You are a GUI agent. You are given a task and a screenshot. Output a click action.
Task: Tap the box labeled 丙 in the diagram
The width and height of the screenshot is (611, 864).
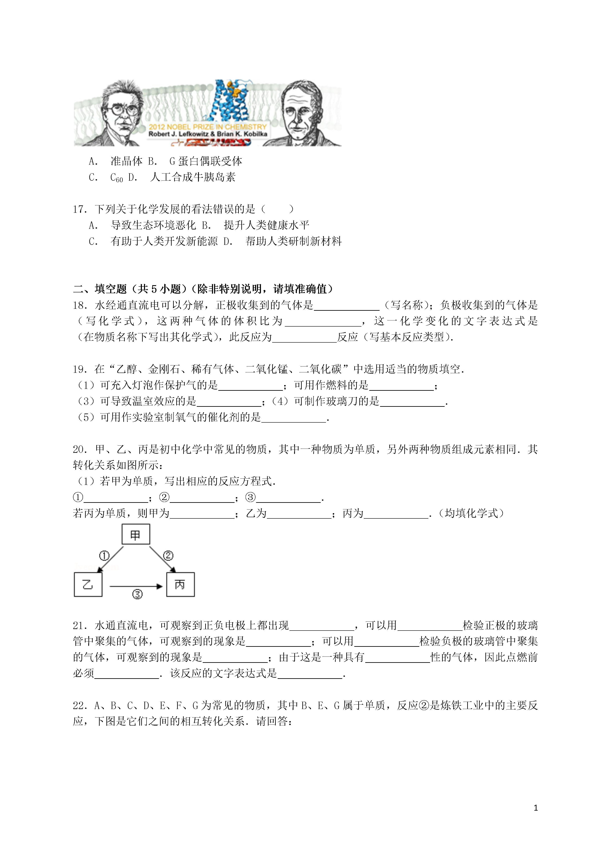coord(180,584)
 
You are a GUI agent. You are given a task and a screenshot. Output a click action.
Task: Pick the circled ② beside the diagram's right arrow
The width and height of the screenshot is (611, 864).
coord(168,556)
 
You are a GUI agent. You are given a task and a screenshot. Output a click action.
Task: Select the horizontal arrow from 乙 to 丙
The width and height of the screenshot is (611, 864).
coord(136,586)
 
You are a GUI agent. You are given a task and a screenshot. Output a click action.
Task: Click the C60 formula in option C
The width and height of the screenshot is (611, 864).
coord(116,177)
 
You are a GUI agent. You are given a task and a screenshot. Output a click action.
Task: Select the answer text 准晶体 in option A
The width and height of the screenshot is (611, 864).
coord(126,161)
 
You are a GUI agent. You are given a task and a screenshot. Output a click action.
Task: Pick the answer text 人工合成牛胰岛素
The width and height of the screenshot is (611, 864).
coord(193,177)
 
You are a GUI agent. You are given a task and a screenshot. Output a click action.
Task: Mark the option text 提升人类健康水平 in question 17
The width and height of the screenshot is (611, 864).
coord(266,225)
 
